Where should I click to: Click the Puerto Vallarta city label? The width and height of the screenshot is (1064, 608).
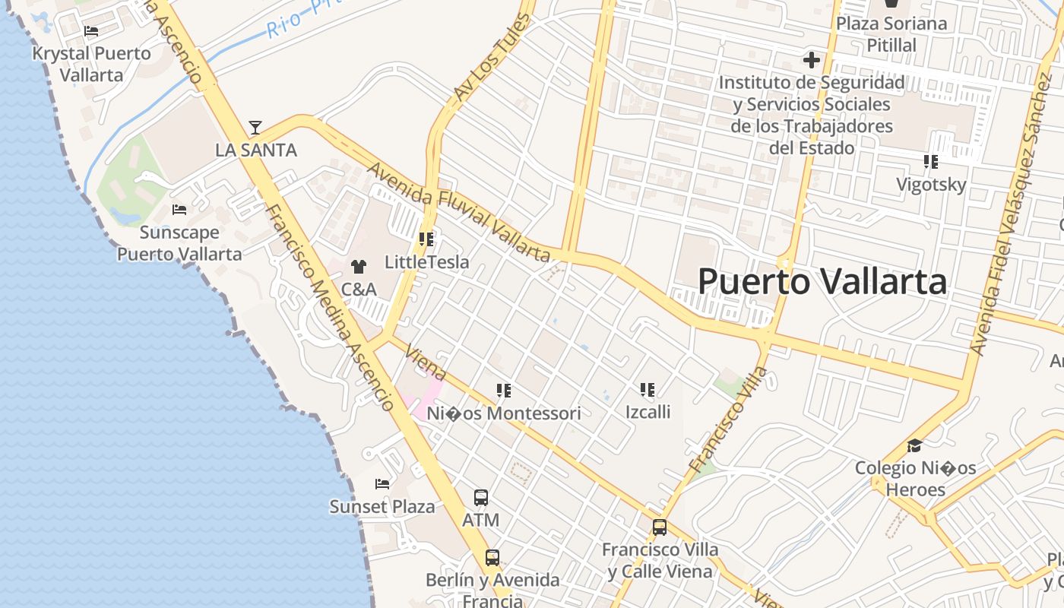(822, 282)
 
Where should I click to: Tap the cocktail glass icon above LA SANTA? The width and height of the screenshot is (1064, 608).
(255, 127)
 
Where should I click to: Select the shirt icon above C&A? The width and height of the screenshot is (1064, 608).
(358, 267)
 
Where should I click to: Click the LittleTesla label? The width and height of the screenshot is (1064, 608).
(426, 262)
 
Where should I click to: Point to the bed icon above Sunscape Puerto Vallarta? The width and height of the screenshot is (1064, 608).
(179, 210)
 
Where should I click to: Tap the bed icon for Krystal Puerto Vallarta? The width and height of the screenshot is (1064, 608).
(91, 31)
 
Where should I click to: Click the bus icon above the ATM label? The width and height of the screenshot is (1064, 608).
(481, 498)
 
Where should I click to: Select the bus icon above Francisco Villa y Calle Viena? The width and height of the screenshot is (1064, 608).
(660, 527)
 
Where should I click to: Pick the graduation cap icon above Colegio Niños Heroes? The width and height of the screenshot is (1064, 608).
(915, 445)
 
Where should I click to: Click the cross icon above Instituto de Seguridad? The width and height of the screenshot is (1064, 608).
(812, 59)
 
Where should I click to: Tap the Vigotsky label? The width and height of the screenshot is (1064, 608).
(931, 185)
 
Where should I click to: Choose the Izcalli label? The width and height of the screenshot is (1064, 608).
(648, 412)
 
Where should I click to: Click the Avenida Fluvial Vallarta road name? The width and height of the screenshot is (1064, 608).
(458, 212)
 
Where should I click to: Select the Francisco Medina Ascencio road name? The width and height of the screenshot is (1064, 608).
(330, 308)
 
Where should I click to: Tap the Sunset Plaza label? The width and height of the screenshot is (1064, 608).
(382, 506)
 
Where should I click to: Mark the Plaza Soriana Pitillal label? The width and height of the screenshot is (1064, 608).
(891, 34)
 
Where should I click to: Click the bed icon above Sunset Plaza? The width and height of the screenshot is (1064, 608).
(382, 484)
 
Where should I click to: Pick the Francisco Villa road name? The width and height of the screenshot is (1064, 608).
(727, 419)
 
